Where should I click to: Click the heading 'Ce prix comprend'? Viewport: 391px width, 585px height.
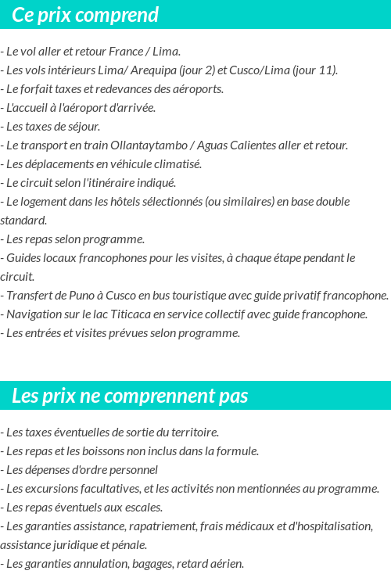(85, 15)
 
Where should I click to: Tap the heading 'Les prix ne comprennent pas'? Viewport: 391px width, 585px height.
(130, 396)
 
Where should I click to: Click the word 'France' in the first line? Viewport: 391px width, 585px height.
(126, 52)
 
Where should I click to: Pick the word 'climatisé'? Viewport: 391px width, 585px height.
(176, 164)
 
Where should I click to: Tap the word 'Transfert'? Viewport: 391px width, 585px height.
(29, 296)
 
